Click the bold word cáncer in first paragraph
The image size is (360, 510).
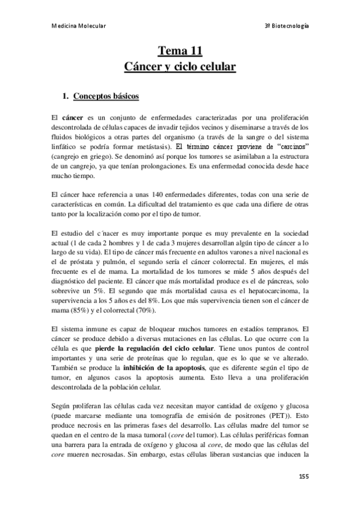[x=73, y=116]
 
